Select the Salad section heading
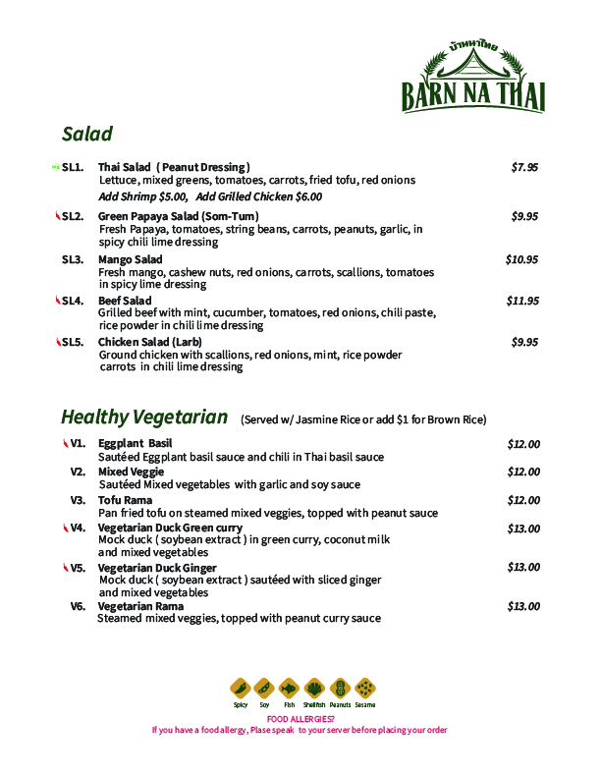coord(86,134)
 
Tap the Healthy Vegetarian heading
coord(144,417)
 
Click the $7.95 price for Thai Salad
coord(524,167)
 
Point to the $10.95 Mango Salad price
coord(521,259)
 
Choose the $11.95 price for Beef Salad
coord(522,301)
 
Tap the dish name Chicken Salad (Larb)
coord(149,342)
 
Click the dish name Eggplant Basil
coord(135,444)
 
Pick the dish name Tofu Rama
coord(125,500)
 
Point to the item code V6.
coord(78,606)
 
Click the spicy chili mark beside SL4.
coord(58,300)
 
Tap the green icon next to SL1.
coord(55,167)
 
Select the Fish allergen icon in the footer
coord(289,688)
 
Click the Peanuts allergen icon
coord(340,688)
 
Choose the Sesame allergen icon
coord(365,688)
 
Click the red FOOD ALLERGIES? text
coord(300,718)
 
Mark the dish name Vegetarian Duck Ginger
coord(157,568)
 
